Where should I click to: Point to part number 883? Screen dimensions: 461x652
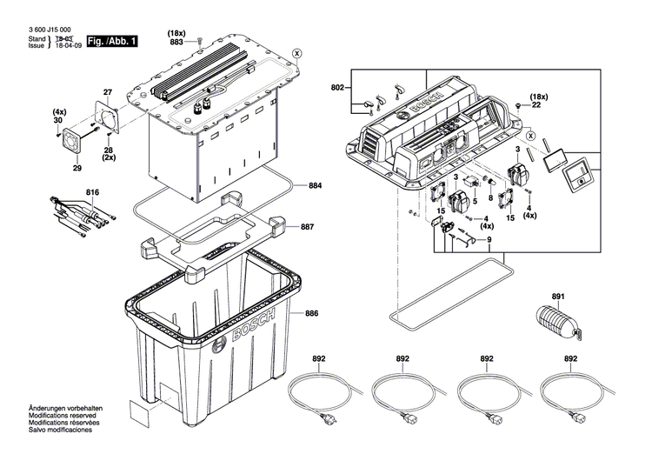(176, 42)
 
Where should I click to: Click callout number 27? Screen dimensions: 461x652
(109, 92)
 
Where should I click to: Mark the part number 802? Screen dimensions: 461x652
(337, 89)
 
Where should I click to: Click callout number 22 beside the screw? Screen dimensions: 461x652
(536, 105)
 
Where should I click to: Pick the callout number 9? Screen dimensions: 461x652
(489, 239)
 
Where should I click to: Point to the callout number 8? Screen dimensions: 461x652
(489, 199)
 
